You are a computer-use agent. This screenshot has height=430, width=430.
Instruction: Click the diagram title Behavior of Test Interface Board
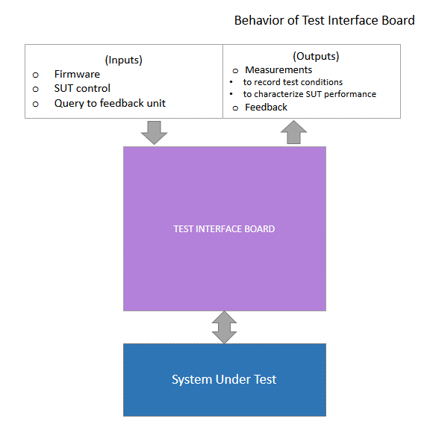coord(325,20)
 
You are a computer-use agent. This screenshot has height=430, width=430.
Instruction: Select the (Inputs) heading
coord(124,60)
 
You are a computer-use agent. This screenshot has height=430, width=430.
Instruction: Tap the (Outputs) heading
coord(316,56)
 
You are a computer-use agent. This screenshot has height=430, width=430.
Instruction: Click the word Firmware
coord(77,74)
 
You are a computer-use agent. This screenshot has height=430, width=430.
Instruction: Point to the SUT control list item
coord(82,88)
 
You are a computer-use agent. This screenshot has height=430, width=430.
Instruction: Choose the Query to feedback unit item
coord(110,103)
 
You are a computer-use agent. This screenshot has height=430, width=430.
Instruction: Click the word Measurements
coord(278,70)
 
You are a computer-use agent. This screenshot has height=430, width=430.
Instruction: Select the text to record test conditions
coord(293,82)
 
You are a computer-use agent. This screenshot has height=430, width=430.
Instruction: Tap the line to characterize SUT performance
coord(310,94)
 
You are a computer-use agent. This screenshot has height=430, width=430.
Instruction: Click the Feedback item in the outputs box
coord(266,107)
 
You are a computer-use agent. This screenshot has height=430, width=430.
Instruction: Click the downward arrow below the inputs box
coord(154,133)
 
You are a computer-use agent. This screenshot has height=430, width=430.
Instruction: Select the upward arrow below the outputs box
coord(293,132)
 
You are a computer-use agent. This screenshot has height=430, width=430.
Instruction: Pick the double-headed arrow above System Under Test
coord(224,327)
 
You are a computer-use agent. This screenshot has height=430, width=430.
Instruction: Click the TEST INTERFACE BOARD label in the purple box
coord(224,228)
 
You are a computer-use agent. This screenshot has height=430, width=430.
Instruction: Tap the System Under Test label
coord(224,379)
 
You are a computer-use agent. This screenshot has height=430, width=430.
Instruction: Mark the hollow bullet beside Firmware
coord(35,75)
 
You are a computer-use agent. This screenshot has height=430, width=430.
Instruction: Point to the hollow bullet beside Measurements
coord(235,71)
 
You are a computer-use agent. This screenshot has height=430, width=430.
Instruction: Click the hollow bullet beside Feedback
coord(235,108)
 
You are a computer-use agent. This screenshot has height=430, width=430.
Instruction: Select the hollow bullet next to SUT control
coord(35,89)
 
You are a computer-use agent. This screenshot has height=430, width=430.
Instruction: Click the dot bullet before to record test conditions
coord(231,81)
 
